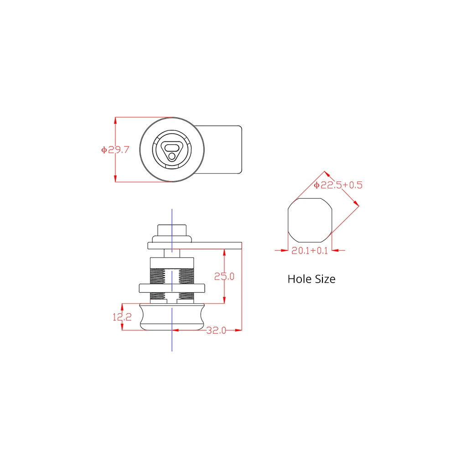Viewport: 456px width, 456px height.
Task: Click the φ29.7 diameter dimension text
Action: (115, 150)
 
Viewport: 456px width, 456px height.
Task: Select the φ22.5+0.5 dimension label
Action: (338, 185)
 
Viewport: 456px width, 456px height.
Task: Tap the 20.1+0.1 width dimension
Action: (310, 250)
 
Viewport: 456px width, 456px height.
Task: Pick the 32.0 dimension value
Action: (216, 330)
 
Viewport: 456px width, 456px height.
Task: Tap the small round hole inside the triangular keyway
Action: (171, 156)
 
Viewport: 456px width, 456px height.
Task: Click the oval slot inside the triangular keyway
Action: (171, 147)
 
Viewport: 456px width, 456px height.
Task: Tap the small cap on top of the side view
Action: (171, 229)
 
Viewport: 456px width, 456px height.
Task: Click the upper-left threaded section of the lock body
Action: (158, 275)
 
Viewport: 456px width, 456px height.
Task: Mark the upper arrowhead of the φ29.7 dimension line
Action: (115, 120)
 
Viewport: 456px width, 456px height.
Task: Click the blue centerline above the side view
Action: (171, 217)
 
